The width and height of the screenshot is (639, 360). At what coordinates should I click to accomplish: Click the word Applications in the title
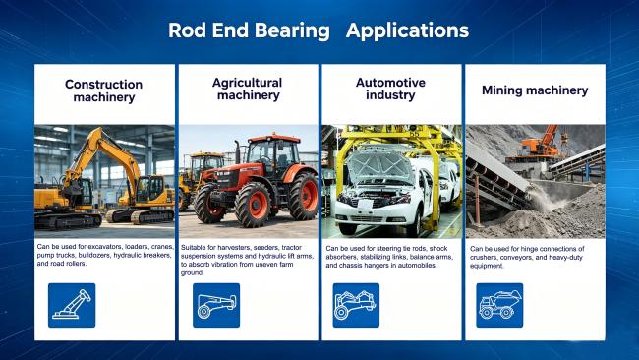407,31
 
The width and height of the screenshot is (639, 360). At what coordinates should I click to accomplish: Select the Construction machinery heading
103,90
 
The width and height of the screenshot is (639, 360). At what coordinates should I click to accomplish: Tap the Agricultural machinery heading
248,89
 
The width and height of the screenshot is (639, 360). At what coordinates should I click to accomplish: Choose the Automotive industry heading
390,89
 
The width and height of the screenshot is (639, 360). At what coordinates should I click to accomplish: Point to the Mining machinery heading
535,90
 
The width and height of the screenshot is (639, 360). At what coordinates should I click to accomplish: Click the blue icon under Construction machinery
72,305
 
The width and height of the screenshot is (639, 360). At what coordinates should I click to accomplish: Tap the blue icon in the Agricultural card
216,305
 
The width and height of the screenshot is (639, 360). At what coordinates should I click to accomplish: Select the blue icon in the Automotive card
356,305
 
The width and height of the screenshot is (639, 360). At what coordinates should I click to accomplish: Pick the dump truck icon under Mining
499,305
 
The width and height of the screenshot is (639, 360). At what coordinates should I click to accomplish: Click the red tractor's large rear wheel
304,196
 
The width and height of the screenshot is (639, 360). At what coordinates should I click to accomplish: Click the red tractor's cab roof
274,139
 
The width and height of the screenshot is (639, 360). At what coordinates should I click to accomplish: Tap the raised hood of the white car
379,165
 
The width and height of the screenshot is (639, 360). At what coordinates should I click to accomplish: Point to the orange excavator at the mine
539,144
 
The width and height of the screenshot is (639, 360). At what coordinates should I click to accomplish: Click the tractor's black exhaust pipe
237,152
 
